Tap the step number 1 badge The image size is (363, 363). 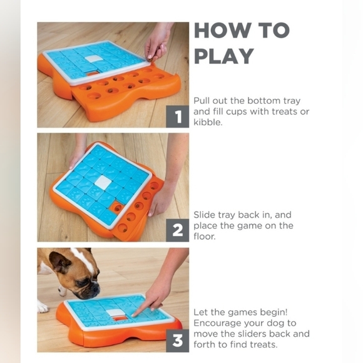pyautogui.click(x=178, y=116)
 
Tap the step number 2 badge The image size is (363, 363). pyautogui.click(x=178, y=230)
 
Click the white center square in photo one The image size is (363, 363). pyautogui.click(x=93, y=58)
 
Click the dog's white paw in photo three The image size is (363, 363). pyautogui.click(x=42, y=307)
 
